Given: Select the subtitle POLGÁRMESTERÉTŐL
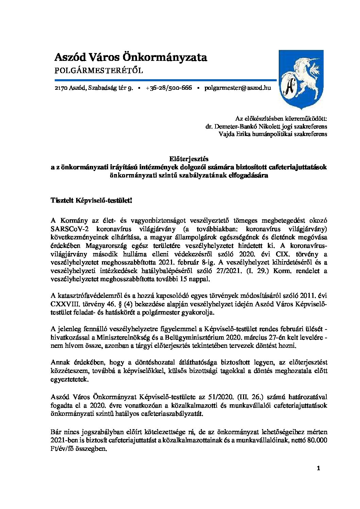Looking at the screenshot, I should [99, 71].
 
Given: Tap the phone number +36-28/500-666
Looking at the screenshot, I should [169, 88].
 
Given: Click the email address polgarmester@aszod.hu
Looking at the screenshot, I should [238, 88].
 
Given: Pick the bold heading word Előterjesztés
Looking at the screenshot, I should [189, 159].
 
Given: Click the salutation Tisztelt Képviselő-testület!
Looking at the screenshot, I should [91, 201].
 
